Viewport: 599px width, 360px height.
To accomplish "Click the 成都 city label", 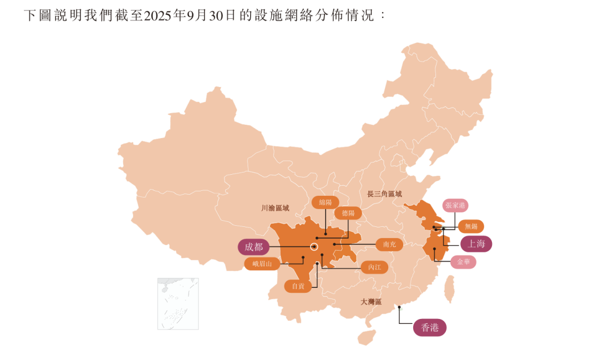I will (254, 247).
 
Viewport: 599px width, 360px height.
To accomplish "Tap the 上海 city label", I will (476, 244).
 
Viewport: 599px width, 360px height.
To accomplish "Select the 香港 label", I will (430, 328).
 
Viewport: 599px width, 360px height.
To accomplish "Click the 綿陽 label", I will (325, 202).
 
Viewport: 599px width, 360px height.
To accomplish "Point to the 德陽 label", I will (348, 213).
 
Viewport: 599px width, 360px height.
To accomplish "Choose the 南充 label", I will (389, 244).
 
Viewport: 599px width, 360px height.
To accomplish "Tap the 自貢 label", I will (298, 286).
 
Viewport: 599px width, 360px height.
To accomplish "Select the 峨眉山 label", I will (262, 264).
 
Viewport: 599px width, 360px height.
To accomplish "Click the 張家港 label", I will (456, 205).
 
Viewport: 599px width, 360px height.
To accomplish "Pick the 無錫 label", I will (471, 226).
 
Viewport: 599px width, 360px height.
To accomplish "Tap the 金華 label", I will (463, 262).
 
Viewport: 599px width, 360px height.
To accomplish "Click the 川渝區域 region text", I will (275, 209).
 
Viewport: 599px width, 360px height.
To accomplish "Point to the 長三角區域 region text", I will (384, 194).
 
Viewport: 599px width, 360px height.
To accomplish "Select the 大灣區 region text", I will (371, 302).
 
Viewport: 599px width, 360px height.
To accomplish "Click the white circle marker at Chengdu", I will (314, 247).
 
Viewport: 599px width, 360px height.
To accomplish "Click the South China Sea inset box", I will (177, 303).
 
